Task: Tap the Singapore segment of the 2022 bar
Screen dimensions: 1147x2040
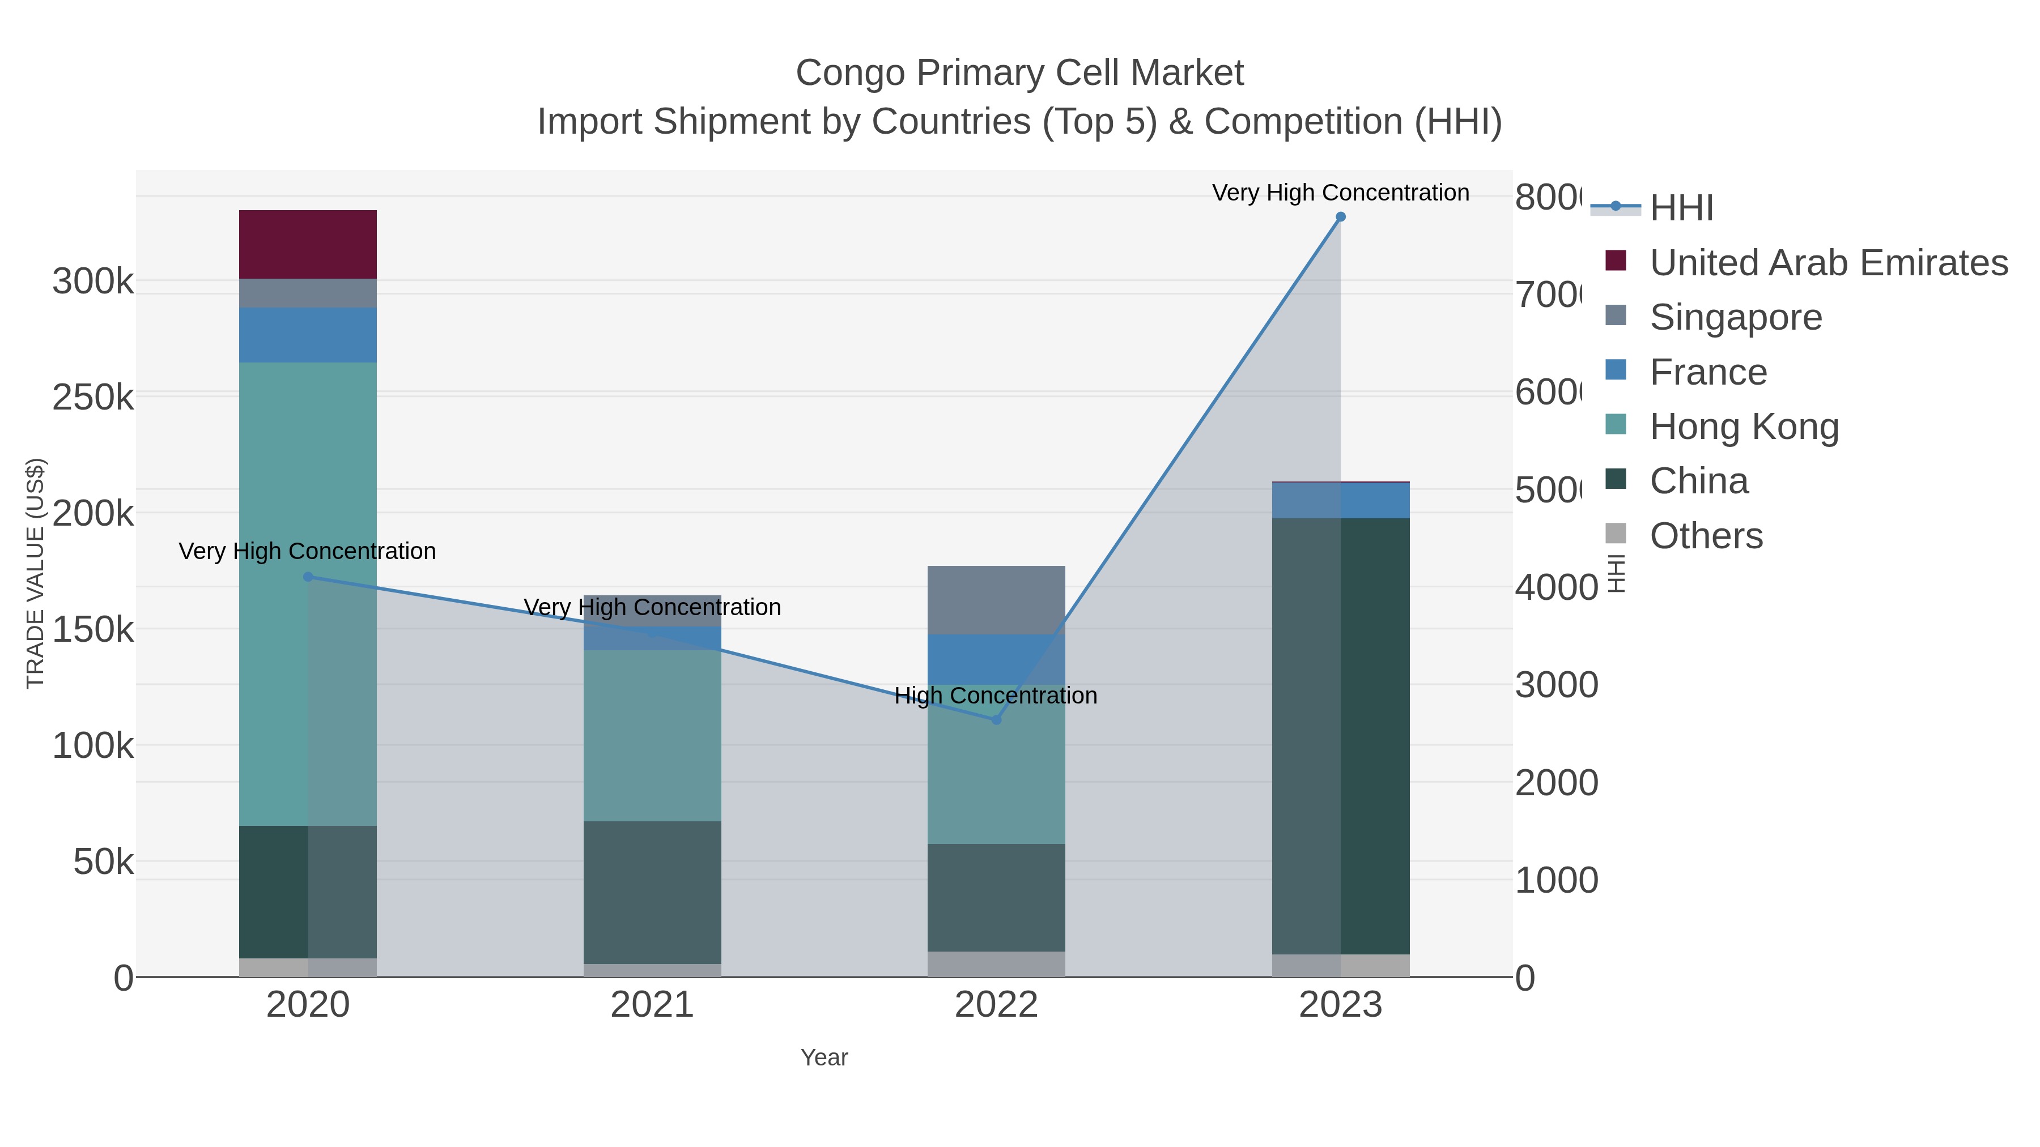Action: tap(996, 600)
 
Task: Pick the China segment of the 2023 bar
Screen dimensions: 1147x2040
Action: tap(1340, 736)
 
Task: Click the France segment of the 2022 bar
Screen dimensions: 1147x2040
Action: tap(996, 659)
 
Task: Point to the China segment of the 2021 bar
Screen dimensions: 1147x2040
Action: tap(652, 892)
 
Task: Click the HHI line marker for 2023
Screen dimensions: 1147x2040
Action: tap(1340, 217)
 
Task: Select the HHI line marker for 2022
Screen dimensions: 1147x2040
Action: tap(996, 719)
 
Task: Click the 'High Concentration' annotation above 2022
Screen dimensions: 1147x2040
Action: tap(996, 696)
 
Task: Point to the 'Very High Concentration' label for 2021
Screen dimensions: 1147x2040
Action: tap(652, 607)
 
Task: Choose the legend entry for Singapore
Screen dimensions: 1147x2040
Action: tap(1735, 317)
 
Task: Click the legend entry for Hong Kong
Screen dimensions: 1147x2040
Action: tap(1743, 427)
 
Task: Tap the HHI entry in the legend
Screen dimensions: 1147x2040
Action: tap(1681, 208)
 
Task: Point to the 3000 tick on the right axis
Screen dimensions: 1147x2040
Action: tap(1555, 685)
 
